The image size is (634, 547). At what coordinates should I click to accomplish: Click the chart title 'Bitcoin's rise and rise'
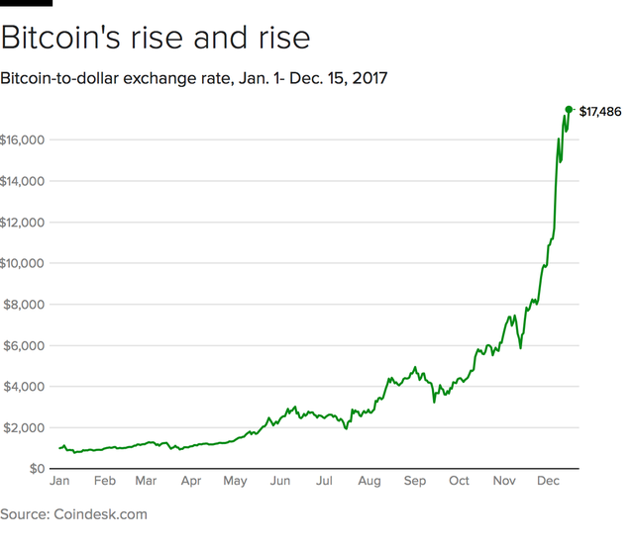(x=156, y=39)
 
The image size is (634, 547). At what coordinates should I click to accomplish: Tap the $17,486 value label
(x=600, y=111)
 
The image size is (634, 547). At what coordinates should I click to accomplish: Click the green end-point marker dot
(x=569, y=110)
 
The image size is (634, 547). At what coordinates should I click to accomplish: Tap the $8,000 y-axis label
(x=24, y=305)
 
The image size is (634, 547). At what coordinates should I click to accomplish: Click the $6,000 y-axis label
(x=24, y=345)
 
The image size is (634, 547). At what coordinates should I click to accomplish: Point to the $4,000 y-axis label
(x=24, y=387)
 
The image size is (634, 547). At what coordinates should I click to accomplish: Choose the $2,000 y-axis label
(x=24, y=427)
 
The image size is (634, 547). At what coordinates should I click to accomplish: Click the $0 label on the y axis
(x=36, y=468)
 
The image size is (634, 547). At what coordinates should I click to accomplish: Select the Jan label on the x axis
(x=59, y=482)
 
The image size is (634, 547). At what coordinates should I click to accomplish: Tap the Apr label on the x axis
(x=190, y=482)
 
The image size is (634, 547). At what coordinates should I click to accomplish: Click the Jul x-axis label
(x=323, y=482)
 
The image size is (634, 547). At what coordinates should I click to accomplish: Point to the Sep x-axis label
(x=414, y=482)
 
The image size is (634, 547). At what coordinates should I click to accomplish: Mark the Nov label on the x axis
(x=503, y=482)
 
